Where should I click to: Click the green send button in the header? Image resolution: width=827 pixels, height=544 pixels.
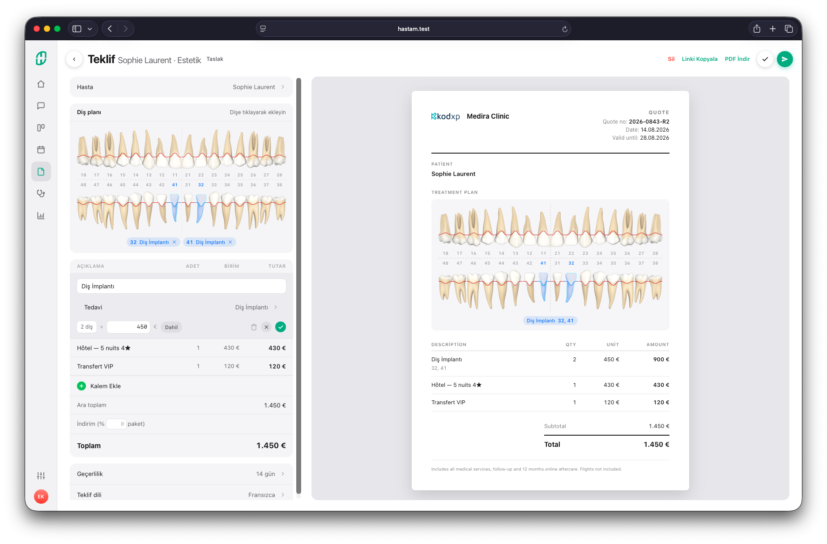click(x=784, y=59)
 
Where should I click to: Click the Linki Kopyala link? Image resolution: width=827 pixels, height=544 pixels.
click(x=699, y=59)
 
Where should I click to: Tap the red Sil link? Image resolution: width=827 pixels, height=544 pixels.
click(x=671, y=59)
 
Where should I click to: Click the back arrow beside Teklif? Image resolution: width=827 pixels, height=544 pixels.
click(x=74, y=59)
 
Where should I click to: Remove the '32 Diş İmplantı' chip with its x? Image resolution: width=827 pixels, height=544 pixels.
click(x=174, y=242)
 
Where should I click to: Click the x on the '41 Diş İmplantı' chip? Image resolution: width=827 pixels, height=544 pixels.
click(x=230, y=242)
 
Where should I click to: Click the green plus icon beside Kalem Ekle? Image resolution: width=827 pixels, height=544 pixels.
click(x=81, y=386)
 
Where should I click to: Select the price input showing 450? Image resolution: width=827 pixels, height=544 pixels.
click(x=128, y=327)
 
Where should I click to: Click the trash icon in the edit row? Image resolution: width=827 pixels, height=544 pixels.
click(x=254, y=327)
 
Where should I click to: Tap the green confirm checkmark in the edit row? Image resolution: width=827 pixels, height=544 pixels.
click(x=281, y=327)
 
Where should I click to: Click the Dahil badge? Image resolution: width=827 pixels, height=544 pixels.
click(x=171, y=327)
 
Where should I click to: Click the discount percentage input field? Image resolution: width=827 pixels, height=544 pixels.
click(x=116, y=424)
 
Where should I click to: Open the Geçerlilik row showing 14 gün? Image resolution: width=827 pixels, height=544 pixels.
click(x=181, y=474)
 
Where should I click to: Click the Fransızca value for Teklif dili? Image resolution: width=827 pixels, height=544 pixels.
click(x=261, y=495)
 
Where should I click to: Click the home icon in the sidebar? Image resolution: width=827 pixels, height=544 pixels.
click(x=41, y=84)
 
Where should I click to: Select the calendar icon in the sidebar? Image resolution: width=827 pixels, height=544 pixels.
click(x=41, y=150)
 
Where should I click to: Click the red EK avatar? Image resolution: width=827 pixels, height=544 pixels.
click(x=41, y=497)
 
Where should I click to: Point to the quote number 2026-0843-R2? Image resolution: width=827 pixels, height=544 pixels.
click(x=649, y=122)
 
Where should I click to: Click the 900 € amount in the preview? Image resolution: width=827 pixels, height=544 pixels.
click(x=661, y=360)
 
